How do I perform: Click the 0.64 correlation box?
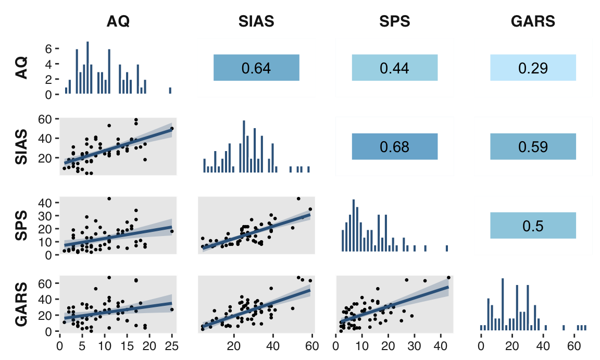(256, 68)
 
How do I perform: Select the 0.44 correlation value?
(394, 68)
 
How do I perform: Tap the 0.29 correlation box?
(533, 68)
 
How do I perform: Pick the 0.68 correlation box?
(394, 146)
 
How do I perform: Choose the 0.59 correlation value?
(533, 146)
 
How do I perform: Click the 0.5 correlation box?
(533, 226)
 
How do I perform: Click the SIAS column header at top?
(256, 21)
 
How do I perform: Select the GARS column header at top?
(533, 21)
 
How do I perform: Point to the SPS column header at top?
(394, 21)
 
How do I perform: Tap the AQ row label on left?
(21, 68)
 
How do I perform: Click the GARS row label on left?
(21, 305)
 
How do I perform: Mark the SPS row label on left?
(21, 226)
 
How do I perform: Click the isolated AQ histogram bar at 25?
(170, 91)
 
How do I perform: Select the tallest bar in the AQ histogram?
(87, 68)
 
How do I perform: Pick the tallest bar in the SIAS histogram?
(244, 146)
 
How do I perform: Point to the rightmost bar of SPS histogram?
(447, 249)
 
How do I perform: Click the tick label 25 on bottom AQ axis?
(172, 346)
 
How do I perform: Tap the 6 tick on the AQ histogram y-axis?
(48, 49)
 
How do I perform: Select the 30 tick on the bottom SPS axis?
(415, 346)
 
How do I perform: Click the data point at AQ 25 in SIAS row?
(172, 129)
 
